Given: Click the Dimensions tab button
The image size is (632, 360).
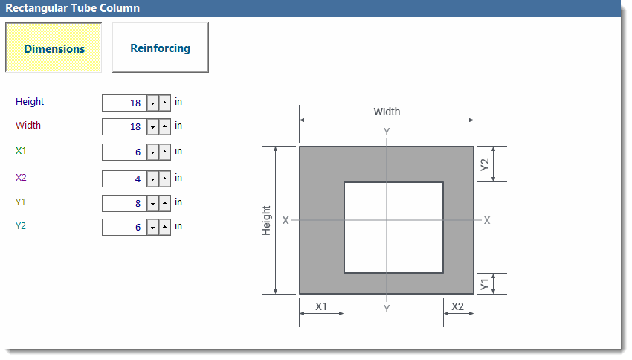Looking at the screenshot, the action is [54, 48].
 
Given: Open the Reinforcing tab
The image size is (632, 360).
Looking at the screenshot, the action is [161, 48].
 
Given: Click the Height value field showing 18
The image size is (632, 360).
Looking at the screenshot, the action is [124, 103].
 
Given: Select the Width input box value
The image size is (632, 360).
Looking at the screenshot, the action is [124, 126].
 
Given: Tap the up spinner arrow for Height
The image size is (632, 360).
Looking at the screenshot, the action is [164, 103].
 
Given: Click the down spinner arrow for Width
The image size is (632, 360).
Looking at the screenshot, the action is [152, 127].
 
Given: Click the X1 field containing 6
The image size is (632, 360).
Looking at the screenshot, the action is [124, 152].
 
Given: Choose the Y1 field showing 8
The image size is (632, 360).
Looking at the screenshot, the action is [124, 203].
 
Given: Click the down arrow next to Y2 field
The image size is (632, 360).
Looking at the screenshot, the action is [152, 228].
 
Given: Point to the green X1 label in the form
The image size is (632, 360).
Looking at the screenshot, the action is [21, 151].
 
